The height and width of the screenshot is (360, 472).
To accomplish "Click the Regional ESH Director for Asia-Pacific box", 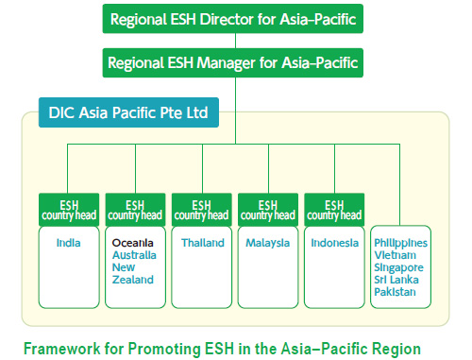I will pos(234,18).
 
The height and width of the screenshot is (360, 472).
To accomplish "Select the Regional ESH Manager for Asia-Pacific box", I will pos(234,64).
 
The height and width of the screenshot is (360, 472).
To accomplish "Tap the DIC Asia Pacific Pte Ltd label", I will pos(128,114).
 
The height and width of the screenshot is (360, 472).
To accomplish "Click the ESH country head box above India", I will pos(68,209).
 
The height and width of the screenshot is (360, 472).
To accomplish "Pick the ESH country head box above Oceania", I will pos(134,209).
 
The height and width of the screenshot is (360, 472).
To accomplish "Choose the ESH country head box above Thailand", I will pos(201,209).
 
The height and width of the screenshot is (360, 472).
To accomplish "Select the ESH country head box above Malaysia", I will pos(267,209).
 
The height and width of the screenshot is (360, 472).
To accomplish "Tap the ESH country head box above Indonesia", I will pos(333,209).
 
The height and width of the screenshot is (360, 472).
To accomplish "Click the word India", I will pos(67,243).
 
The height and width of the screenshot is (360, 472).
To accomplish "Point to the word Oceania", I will pos(132,243).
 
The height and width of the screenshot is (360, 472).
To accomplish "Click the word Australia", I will pos(134,255).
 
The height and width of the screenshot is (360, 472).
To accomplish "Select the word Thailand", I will pos(201,243).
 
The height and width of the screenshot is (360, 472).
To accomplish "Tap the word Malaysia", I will pos(267,243).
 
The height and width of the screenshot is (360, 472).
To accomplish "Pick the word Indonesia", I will pos(334,243).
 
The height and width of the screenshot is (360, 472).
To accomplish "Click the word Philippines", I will pos(400,243).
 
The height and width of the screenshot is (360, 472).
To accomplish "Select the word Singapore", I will pos(399,267).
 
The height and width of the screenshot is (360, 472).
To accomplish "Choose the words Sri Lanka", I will pos(398,280).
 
